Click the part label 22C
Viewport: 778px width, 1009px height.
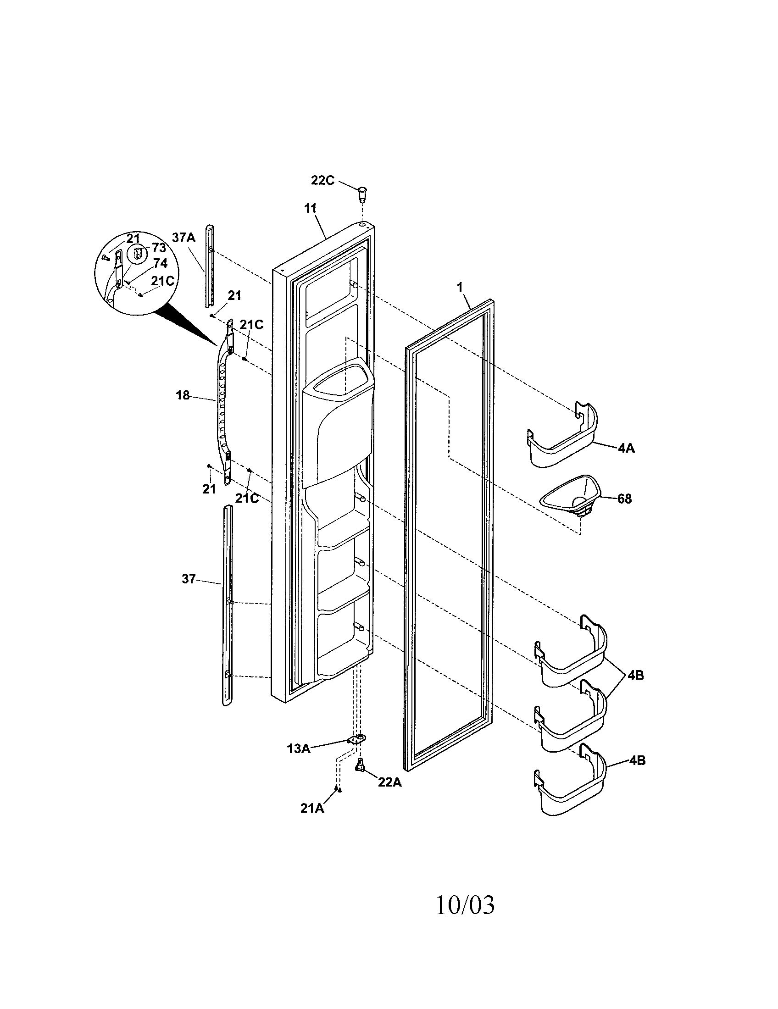point(322,181)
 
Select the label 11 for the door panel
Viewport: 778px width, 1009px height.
point(310,208)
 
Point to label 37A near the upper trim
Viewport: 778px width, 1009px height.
point(184,238)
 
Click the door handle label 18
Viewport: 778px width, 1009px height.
point(183,395)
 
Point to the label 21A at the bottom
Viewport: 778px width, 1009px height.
point(312,809)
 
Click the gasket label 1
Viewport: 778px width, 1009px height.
point(460,287)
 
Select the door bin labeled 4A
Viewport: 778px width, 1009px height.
point(562,437)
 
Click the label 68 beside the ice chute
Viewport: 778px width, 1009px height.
point(624,499)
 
